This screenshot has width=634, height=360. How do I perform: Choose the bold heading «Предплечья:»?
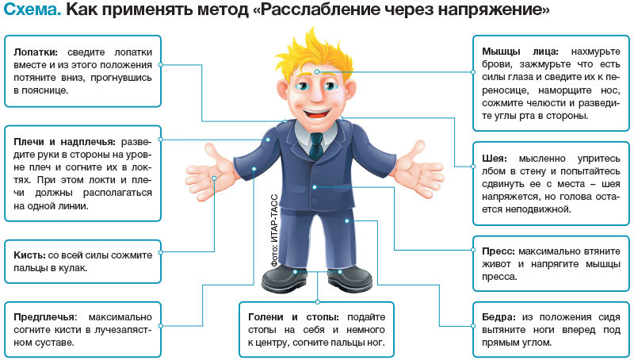44,315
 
